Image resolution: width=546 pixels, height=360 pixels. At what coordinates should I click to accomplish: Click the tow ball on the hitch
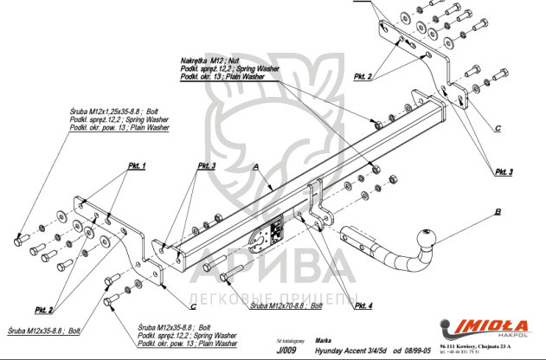click(x=427, y=240)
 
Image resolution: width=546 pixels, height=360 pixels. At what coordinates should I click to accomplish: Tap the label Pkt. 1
click(x=137, y=165)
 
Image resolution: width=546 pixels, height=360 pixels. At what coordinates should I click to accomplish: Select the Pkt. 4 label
click(x=363, y=305)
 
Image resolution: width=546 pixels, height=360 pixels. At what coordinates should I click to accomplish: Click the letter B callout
click(x=498, y=210)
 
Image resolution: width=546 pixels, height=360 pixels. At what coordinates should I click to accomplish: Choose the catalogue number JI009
click(x=287, y=351)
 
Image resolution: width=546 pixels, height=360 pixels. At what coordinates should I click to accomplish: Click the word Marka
click(x=324, y=342)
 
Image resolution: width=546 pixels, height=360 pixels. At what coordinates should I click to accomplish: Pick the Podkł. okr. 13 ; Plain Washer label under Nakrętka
click(x=222, y=77)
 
